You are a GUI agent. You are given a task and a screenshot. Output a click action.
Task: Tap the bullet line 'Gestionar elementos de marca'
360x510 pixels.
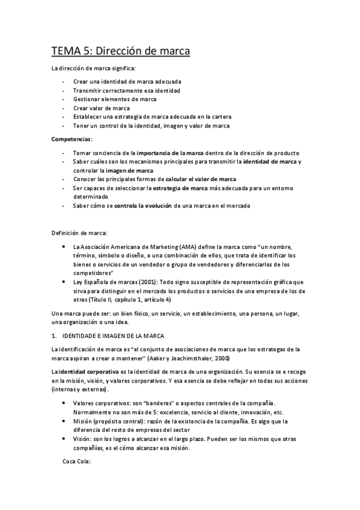coord(114,99)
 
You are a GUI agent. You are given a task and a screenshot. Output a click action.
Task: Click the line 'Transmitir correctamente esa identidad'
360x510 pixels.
coord(126,90)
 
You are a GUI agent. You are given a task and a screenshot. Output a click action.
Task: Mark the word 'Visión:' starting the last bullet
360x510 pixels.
coord(83,439)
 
